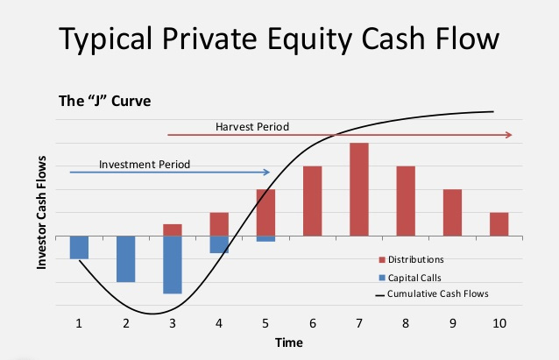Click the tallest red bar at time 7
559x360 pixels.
tap(359, 189)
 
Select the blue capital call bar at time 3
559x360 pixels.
tap(173, 265)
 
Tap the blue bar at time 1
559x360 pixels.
tap(79, 247)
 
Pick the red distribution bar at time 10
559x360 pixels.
tap(499, 224)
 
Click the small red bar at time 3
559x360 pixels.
tap(173, 230)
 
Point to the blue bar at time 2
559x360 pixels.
tap(126, 258)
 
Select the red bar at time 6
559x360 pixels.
tap(313, 201)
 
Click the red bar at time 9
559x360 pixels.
tap(452, 213)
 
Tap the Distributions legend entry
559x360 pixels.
tap(417, 259)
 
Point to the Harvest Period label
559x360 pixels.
tap(252, 127)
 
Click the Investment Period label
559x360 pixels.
tap(145, 164)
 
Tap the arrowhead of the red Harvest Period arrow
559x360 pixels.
tap(508, 135)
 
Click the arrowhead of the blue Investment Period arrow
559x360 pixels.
tap(267, 172)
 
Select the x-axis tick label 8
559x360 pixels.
tap(406, 322)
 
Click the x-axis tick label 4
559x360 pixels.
tap(219, 322)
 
